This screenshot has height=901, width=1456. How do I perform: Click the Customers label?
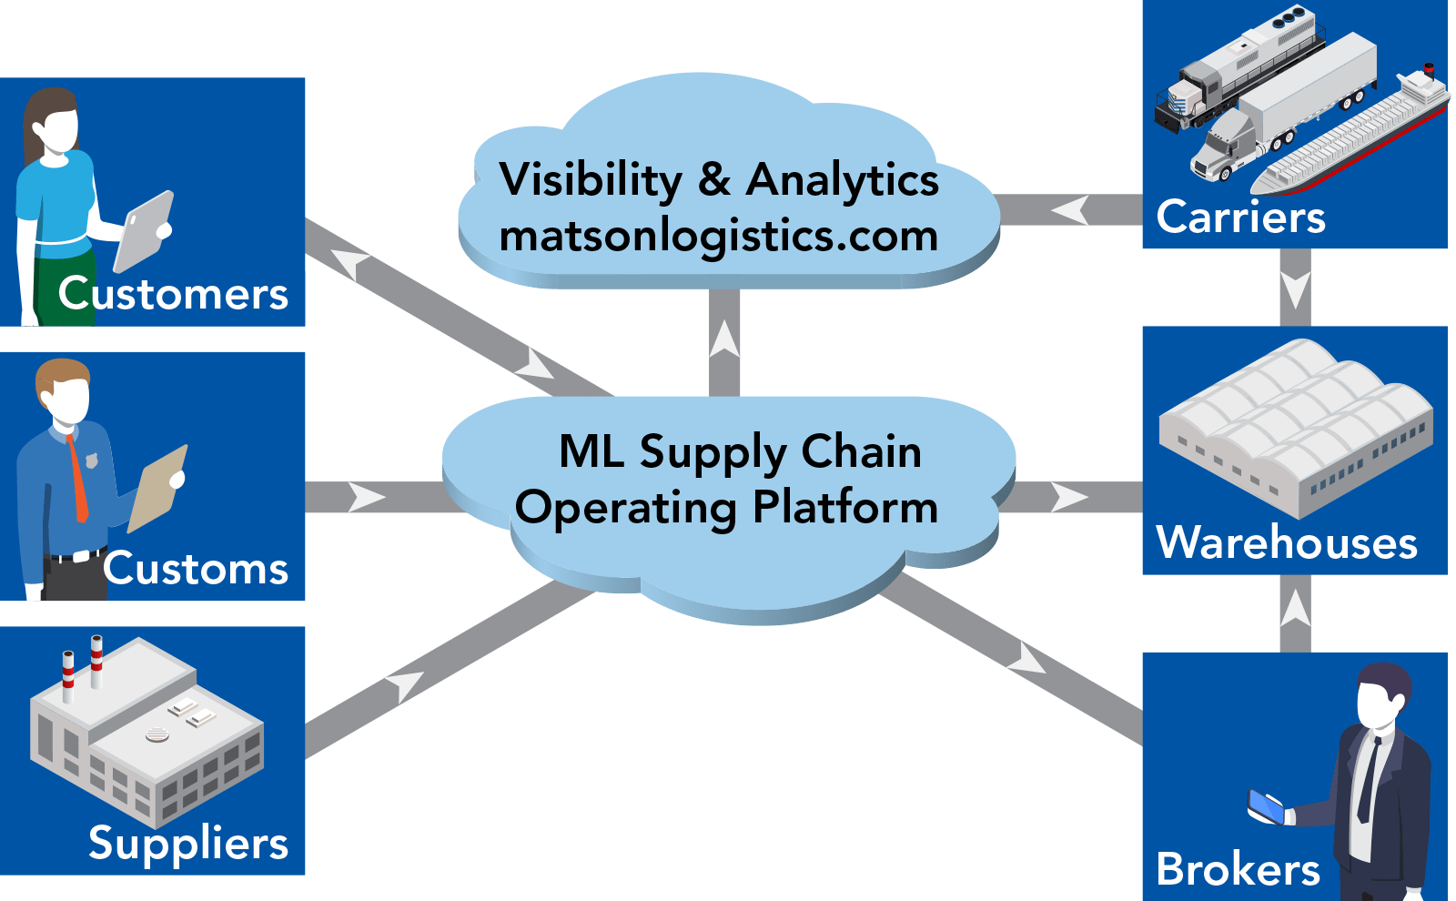[x=173, y=294]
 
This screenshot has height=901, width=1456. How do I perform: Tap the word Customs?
[x=196, y=569]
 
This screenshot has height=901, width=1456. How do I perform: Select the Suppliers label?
[x=188, y=843]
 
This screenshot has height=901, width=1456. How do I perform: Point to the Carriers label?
[x=1240, y=217]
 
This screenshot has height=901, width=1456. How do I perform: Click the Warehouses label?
[x=1287, y=542]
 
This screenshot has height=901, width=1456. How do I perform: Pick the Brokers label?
[x=1238, y=869]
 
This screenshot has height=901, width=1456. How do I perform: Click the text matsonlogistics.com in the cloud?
[x=719, y=237]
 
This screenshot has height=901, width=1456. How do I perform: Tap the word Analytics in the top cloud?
[x=843, y=180]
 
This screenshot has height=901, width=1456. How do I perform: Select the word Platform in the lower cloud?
[x=845, y=508]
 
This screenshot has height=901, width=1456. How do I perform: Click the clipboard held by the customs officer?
[x=158, y=487]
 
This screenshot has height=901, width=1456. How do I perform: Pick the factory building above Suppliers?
[x=146, y=728]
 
